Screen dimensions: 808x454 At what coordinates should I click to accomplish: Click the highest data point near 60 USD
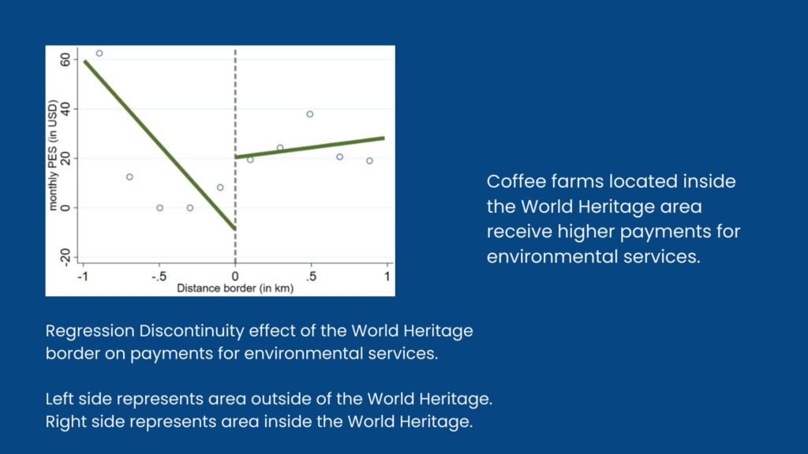tap(99, 54)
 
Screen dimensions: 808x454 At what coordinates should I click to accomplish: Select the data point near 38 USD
tap(309, 114)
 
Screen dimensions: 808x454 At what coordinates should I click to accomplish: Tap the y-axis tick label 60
tap(65, 60)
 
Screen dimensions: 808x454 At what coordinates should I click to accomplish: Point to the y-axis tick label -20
tap(65, 256)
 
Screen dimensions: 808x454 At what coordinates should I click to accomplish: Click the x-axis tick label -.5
tap(159, 277)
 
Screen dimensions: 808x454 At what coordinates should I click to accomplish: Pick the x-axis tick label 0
tap(235, 277)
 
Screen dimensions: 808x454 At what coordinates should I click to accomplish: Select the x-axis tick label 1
tap(387, 277)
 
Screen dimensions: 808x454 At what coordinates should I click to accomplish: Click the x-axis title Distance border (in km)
tap(235, 288)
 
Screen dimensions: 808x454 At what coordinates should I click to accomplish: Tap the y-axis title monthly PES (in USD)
tap(53, 155)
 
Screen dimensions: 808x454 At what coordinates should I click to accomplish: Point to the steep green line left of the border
tap(160, 145)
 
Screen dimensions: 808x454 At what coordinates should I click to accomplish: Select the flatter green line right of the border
tap(309, 147)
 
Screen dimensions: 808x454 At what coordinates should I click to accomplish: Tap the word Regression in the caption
tap(90, 331)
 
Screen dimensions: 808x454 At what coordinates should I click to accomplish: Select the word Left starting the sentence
tap(58, 399)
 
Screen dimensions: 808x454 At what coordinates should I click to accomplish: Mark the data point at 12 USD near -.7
tap(130, 177)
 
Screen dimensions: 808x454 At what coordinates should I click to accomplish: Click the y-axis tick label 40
tap(65, 109)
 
